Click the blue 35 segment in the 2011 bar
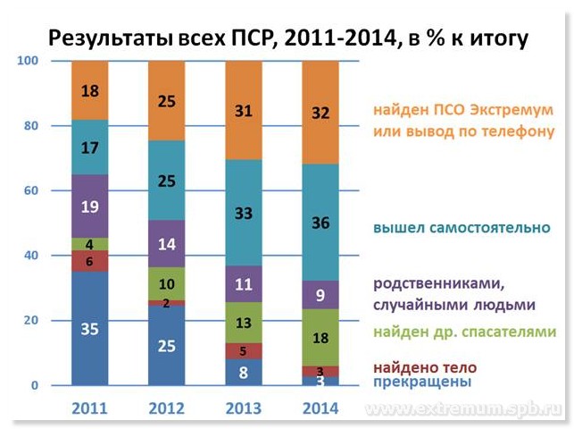89,328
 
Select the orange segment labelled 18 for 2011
89,90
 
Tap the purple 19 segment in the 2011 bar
89,206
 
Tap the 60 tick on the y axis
30,190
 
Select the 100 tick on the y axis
27,61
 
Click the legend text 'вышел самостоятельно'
462,227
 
